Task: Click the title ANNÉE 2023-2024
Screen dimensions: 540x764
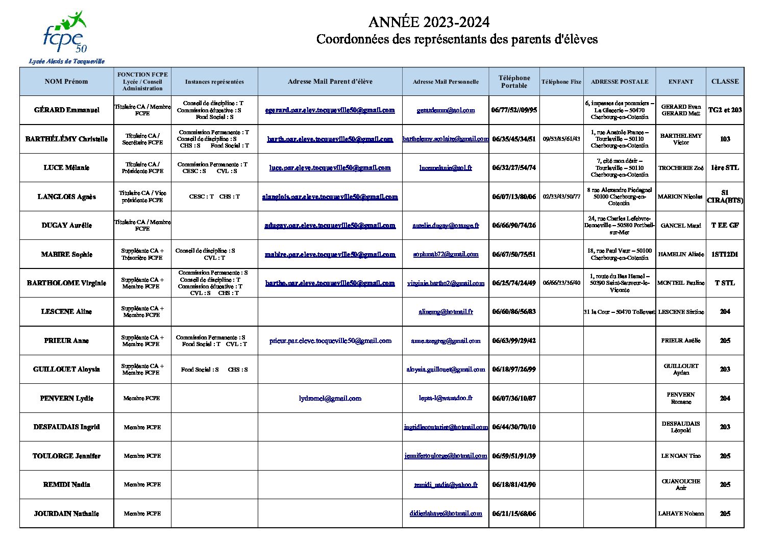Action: [429, 22]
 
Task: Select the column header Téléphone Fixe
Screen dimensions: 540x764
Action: [561, 82]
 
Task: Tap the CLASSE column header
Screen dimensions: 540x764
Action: [725, 81]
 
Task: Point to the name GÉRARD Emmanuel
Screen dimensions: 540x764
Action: [66, 110]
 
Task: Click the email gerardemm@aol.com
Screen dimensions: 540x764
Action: [446, 110]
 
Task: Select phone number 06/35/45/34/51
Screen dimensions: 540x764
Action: [514, 139]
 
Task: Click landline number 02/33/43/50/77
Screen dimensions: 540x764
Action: [561, 197]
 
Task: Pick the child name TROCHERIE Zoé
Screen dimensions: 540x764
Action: [681, 168]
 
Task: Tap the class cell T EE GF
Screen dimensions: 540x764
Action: [725, 225]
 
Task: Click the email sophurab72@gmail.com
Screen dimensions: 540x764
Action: [446, 254]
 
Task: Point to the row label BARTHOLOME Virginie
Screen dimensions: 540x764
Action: [66, 283]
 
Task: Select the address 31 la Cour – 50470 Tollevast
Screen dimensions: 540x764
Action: [619, 312]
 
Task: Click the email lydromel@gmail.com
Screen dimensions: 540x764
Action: [330, 398]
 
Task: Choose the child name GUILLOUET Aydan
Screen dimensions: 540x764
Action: [681, 369]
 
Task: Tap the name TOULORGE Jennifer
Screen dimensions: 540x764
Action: [66, 456]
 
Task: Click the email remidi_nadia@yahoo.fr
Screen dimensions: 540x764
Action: [446, 484]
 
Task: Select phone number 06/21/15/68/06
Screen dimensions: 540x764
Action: [514, 513]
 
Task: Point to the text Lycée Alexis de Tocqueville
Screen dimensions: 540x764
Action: [66, 61]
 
